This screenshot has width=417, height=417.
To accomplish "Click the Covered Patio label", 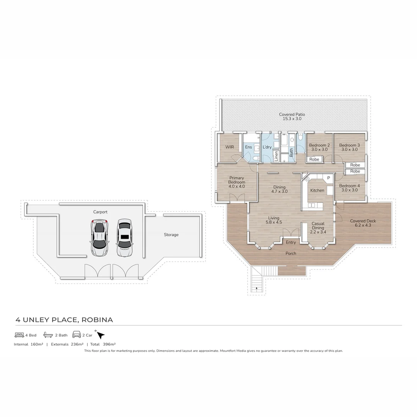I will click(x=292, y=117).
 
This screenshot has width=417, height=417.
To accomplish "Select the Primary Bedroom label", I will click(x=236, y=182).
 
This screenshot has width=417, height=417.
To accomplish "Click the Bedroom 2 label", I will click(x=319, y=147).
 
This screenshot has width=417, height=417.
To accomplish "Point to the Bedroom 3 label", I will click(x=349, y=147).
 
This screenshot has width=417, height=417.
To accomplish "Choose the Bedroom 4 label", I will click(x=349, y=188).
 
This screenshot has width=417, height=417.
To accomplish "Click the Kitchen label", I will click(x=317, y=190).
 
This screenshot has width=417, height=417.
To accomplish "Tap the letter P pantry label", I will click(x=329, y=178).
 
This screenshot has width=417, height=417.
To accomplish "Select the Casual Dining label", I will click(x=318, y=228).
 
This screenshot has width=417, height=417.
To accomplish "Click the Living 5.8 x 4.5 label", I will click(x=274, y=220).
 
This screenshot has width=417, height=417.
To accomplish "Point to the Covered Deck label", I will click(x=363, y=223).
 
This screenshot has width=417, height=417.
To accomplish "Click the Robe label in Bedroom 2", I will click(x=314, y=159).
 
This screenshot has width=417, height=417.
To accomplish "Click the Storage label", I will click(x=171, y=235).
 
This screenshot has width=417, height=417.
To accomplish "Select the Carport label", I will click(x=100, y=212).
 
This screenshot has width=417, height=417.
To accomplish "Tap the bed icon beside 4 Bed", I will click(x=19, y=335).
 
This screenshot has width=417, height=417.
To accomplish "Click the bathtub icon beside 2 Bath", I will click(x=48, y=335).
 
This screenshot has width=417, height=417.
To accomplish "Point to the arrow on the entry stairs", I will click(x=256, y=288).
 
